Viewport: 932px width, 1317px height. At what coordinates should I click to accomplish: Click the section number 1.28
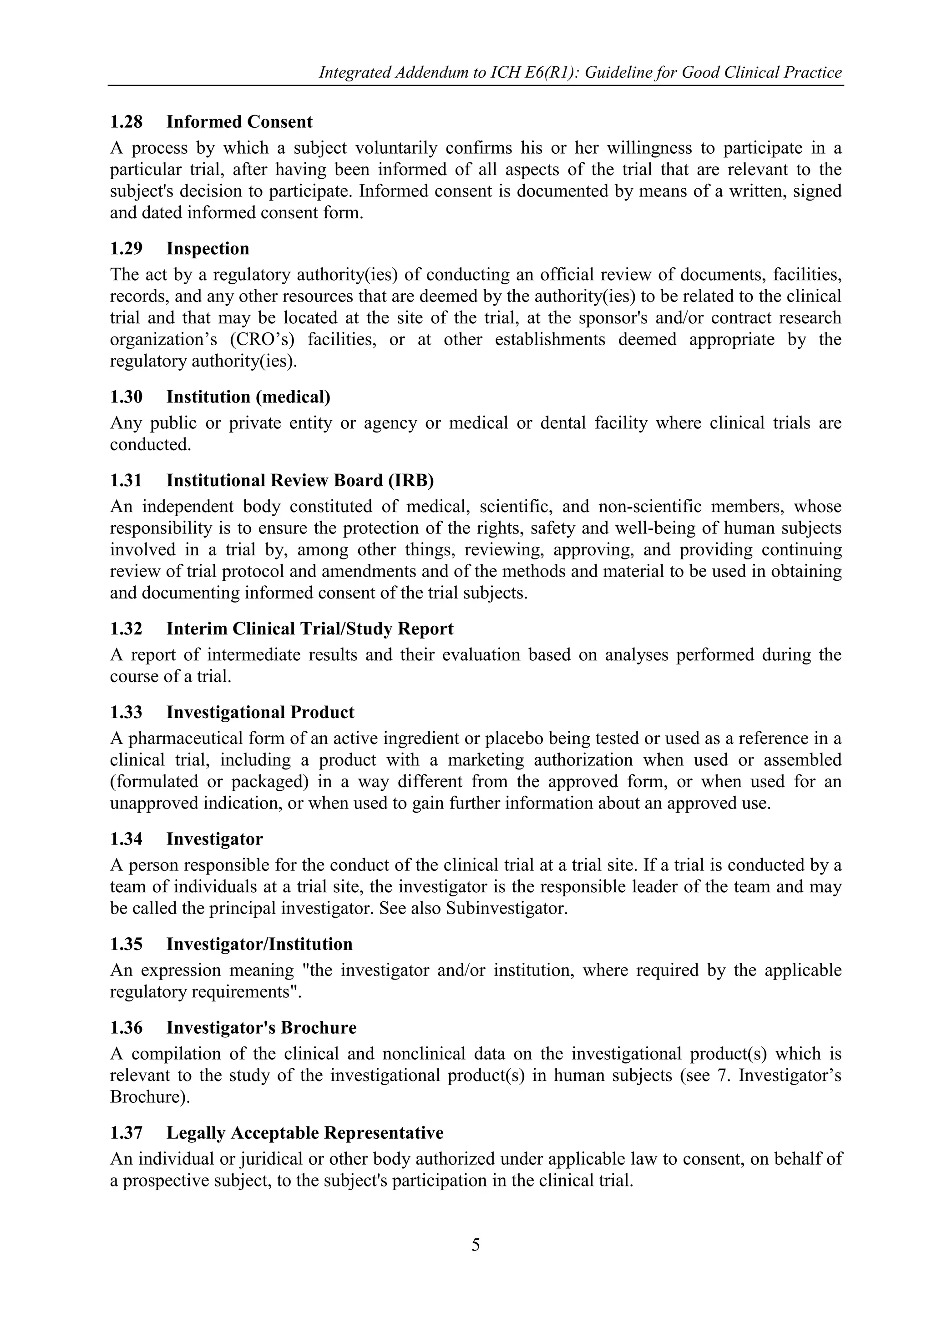[126, 122]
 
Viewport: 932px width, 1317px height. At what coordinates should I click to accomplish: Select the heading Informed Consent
[239, 122]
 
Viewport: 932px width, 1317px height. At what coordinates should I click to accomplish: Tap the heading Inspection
[208, 249]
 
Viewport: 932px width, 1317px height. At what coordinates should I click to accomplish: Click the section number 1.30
[126, 397]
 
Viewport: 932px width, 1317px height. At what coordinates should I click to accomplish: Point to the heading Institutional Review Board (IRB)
[300, 480]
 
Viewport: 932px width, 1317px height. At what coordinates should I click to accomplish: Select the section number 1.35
[126, 944]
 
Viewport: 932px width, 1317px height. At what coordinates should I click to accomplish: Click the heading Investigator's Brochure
[261, 1027]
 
